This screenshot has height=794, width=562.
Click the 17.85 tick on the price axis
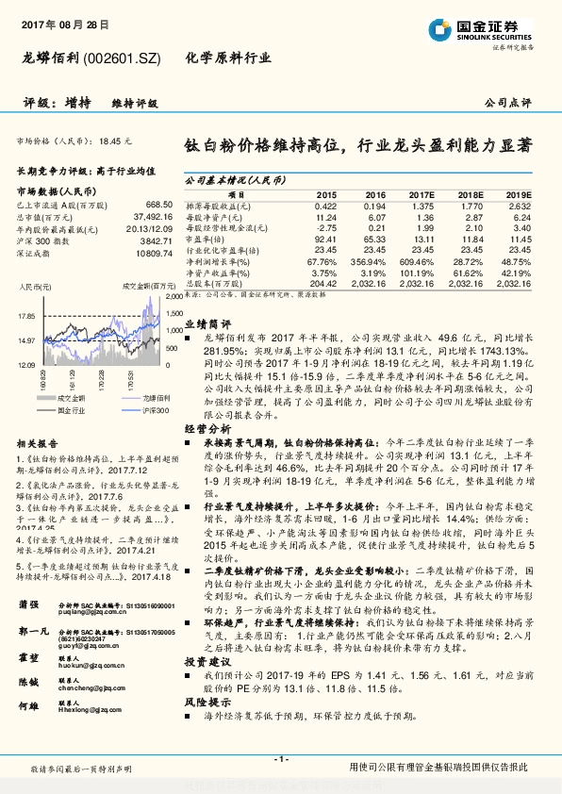(x=25, y=317)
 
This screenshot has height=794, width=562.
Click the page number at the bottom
(x=281, y=759)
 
